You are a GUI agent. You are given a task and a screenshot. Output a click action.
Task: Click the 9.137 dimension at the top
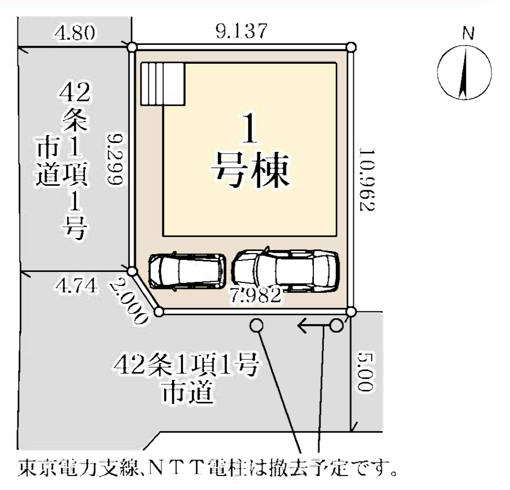[x=241, y=31]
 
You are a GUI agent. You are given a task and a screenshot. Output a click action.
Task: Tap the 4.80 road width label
[x=75, y=33]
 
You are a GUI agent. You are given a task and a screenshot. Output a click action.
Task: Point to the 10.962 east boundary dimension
[x=367, y=180]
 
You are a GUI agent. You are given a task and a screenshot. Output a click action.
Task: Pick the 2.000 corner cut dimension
[x=127, y=301]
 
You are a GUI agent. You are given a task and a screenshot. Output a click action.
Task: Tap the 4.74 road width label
[x=76, y=286]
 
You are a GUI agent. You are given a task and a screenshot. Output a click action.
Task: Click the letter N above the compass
[x=468, y=33]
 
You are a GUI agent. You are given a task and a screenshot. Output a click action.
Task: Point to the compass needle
[x=464, y=72]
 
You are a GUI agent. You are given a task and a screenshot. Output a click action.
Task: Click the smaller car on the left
[x=188, y=271]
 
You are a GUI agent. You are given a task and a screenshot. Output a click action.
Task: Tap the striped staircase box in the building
[x=163, y=84]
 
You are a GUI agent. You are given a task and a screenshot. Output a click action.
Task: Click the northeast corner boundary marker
[x=351, y=47]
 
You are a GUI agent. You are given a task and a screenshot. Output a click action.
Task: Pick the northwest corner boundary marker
[x=132, y=47]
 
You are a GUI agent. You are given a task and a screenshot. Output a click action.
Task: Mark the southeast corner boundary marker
[x=351, y=312]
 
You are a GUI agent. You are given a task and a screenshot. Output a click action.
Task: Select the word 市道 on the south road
[x=188, y=392]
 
